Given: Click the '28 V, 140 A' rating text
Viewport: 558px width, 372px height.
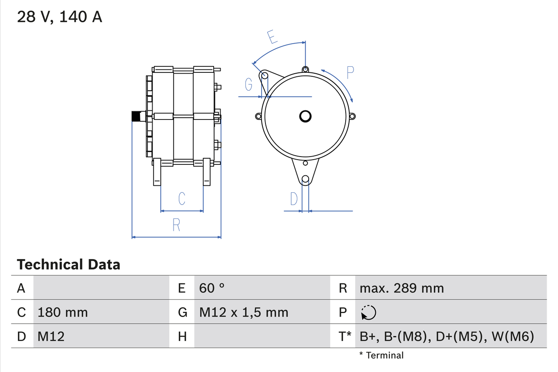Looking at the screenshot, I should pyautogui.click(x=60, y=17).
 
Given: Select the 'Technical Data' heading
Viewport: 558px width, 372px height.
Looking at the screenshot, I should pyautogui.click(x=68, y=265).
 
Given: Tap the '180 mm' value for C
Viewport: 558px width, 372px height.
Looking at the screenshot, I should pyautogui.click(x=63, y=312).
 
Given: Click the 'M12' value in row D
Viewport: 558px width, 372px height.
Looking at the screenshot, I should pyautogui.click(x=51, y=336).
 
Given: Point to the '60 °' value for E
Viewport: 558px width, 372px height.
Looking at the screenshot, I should pyautogui.click(x=212, y=288).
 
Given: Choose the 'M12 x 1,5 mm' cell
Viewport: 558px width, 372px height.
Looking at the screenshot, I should pyautogui.click(x=244, y=312).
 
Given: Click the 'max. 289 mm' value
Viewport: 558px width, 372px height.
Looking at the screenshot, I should pyautogui.click(x=401, y=288).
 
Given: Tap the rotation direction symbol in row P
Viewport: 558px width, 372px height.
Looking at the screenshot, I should pyautogui.click(x=368, y=312).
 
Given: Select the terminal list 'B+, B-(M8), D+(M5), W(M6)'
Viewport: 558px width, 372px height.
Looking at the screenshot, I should pyautogui.click(x=447, y=336).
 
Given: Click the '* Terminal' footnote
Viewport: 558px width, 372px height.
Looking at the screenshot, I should pyautogui.click(x=381, y=355).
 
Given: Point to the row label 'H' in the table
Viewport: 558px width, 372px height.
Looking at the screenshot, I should pyautogui.click(x=182, y=336).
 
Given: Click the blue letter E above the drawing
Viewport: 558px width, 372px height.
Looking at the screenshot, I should pyautogui.click(x=272, y=38).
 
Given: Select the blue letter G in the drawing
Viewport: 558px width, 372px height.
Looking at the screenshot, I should pyautogui.click(x=248, y=84).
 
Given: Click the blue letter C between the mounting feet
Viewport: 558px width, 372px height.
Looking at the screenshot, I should pyautogui.click(x=182, y=198).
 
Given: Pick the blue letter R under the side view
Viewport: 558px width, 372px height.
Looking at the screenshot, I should pyautogui.click(x=176, y=225).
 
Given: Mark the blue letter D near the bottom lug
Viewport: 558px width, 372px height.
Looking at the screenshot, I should pyautogui.click(x=294, y=199).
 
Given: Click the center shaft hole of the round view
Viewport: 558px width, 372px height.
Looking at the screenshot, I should pyautogui.click(x=305, y=116).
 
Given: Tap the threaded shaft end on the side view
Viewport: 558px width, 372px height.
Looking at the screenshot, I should pyautogui.click(x=138, y=116).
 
